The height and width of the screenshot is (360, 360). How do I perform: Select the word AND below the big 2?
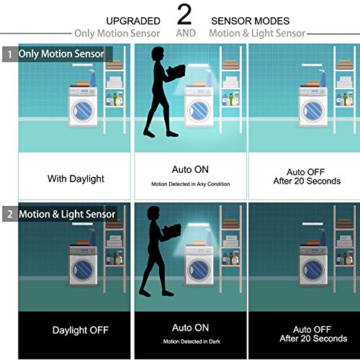[186, 33]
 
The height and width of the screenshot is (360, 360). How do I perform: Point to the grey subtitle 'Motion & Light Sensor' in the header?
[257, 33]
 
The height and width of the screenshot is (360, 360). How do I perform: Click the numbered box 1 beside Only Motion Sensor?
[9, 54]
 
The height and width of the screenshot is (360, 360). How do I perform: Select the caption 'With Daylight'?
[76, 179]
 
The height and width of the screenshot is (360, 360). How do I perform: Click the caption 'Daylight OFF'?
[80, 330]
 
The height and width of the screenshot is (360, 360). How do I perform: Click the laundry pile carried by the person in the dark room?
[173, 232]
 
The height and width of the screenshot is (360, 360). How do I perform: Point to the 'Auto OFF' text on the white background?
[303, 172]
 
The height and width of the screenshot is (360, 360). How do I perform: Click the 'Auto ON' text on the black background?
[191, 326]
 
